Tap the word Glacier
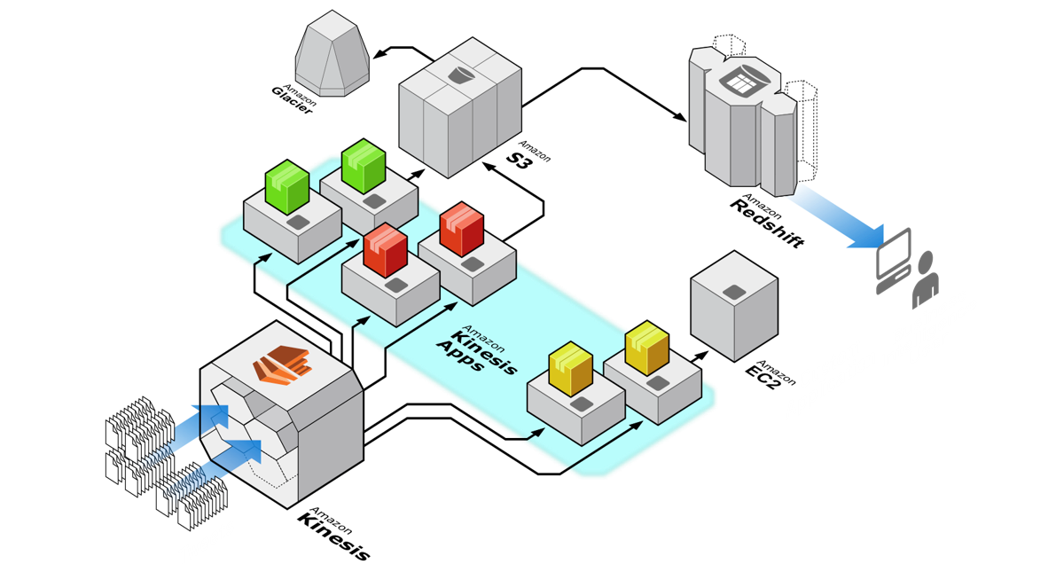pyautogui.click(x=292, y=99)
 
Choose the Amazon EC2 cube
pyautogui.click(x=734, y=305)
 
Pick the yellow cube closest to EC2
pyautogui.click(x=646, y=349)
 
